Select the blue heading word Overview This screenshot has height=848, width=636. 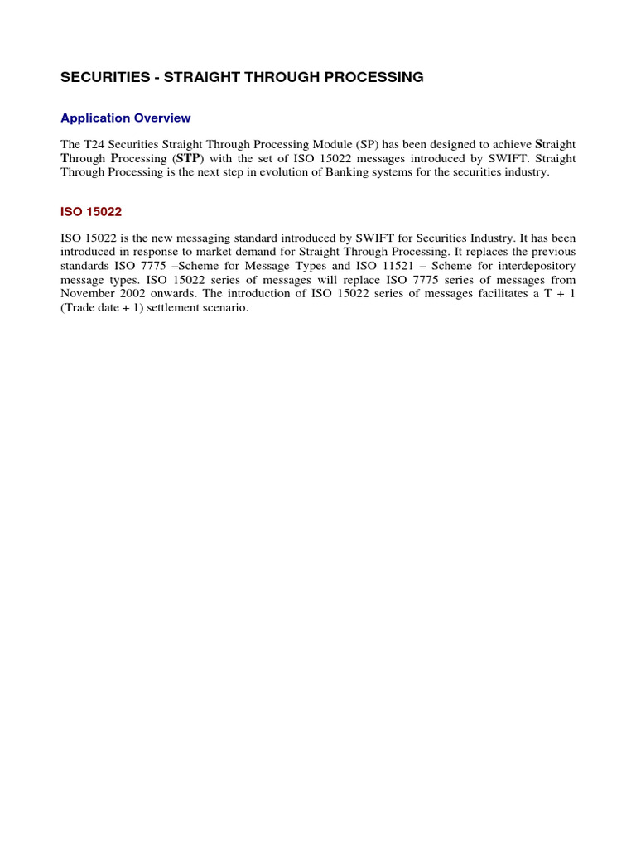[162, 118]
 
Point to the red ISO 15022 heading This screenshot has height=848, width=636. [91, 212]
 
